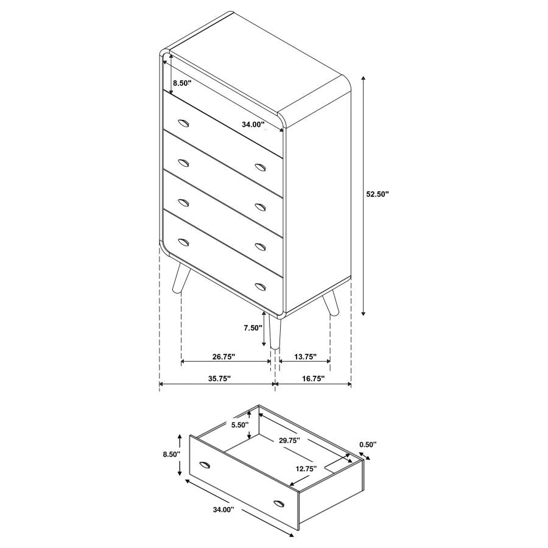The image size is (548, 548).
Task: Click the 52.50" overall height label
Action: click(x=377, y=194)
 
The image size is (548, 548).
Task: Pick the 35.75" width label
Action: click(x=219, y=378)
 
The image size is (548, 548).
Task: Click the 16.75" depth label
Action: click(x=313, y=378)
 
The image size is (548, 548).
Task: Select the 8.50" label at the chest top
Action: click(x=181, y=83)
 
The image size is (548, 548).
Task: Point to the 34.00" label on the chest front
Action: click(x=253, y=124)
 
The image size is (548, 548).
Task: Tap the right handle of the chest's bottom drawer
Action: click(x=261, y=286)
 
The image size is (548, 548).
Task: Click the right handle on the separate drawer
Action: click(x=279, y=503)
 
